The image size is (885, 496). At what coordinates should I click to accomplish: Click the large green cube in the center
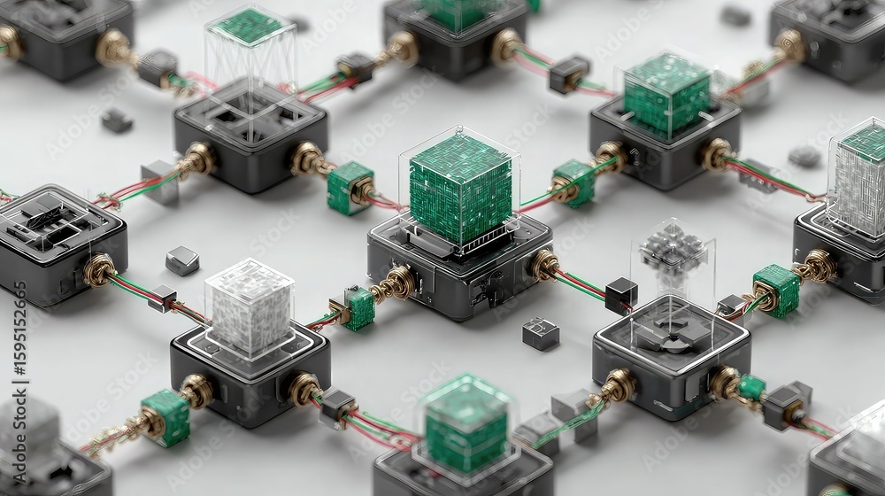pos(459,189)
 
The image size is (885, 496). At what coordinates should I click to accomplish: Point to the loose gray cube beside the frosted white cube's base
pos(181,260)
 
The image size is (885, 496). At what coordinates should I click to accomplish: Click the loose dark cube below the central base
pos(540,333)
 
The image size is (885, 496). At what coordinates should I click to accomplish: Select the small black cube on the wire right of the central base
pos(621,294)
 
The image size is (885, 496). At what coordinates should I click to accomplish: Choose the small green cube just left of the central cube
pos(349,187)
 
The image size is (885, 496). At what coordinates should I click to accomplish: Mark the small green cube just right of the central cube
pos(574,182)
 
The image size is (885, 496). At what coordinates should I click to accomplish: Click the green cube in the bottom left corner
pos(165,416)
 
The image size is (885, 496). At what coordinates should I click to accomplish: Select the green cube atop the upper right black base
pos(666,94)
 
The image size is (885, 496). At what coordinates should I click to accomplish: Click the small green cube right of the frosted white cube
pos(358,308)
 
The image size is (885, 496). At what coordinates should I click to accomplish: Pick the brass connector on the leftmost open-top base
pos(99,269)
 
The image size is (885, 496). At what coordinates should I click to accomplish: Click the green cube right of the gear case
pos(776,290)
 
